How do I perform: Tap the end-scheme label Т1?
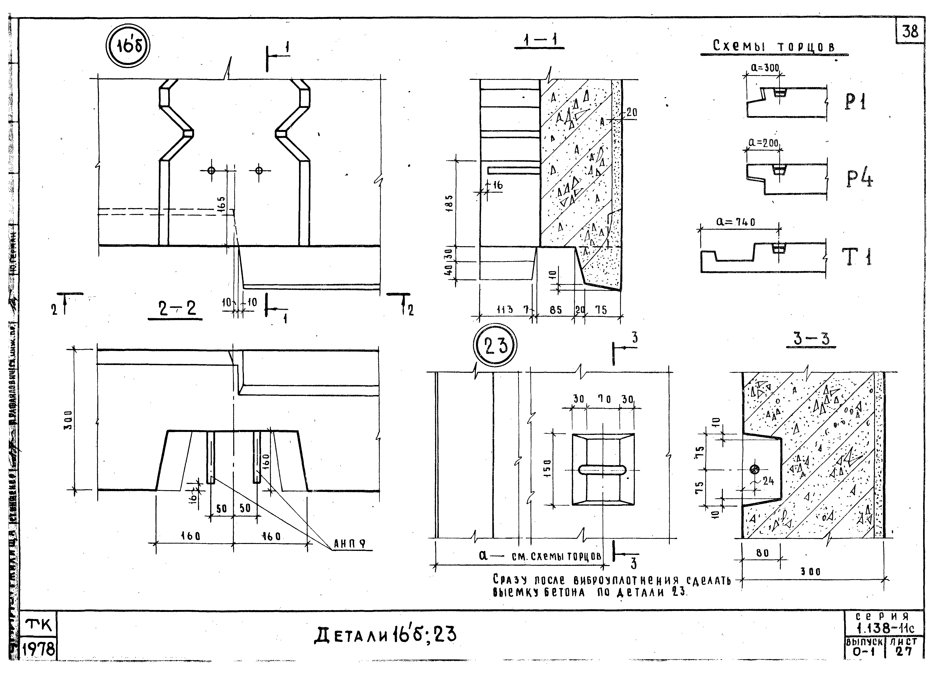coord(856,257)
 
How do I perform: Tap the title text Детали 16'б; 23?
coord(385,636)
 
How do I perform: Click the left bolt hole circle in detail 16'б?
coord(211,170)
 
